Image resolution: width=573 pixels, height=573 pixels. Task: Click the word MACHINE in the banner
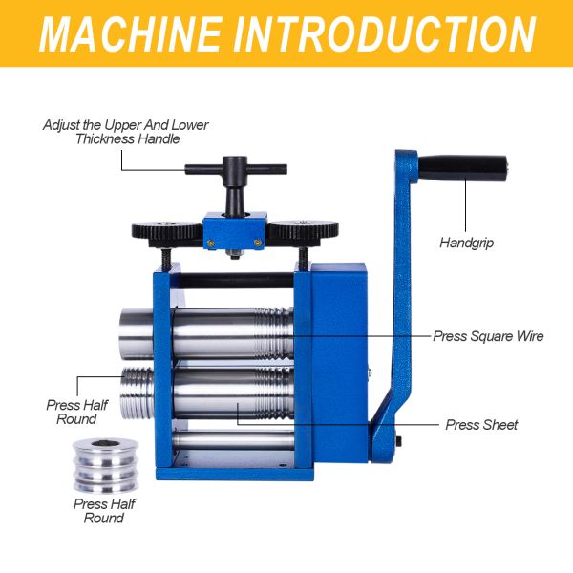(130, 34)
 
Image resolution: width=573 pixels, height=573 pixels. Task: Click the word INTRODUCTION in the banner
(385, 34)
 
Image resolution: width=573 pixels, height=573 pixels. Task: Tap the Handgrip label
(467, 243)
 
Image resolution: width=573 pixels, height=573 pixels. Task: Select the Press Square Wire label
(488, 336)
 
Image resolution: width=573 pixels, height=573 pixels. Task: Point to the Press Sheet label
(481, 425)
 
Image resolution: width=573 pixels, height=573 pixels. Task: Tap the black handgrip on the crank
(463, 168)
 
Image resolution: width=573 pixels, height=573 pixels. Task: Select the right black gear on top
(304, 231)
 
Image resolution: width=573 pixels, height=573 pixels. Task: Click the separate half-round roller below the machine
(106, 466)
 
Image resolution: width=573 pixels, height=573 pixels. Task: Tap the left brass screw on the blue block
(210, 243)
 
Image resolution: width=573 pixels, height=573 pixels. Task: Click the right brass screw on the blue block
(257, 242)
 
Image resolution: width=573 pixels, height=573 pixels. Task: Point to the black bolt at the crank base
(399, 441)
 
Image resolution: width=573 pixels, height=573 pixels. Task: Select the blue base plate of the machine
(235, 475)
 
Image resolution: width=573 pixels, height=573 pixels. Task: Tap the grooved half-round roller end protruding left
(138, 393)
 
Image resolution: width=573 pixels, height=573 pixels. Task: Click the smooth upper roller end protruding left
(137, 333)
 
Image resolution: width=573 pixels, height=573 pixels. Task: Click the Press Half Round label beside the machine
(77, 412)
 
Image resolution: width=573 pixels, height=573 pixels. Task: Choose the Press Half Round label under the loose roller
(104, 511)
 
